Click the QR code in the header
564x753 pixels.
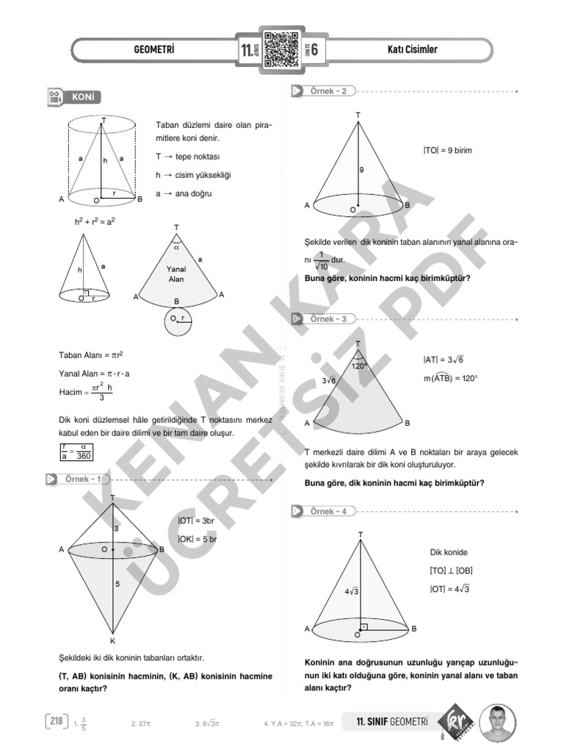click(x=281, y=50)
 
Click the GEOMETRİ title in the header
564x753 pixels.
click(x=155, y=50)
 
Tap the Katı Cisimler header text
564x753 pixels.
click(x=412, y=50)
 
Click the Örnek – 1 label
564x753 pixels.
click(x=83, y=479)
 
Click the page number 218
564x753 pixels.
click(x=55, y=721)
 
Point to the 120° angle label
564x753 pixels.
click(x=359, y=365)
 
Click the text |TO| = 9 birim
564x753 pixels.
click(x=447, y=150)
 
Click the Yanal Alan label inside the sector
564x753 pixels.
click(x=176, y=274)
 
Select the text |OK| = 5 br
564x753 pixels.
click(x=198, y=539)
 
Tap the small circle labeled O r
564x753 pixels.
click(x=179, y=321)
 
